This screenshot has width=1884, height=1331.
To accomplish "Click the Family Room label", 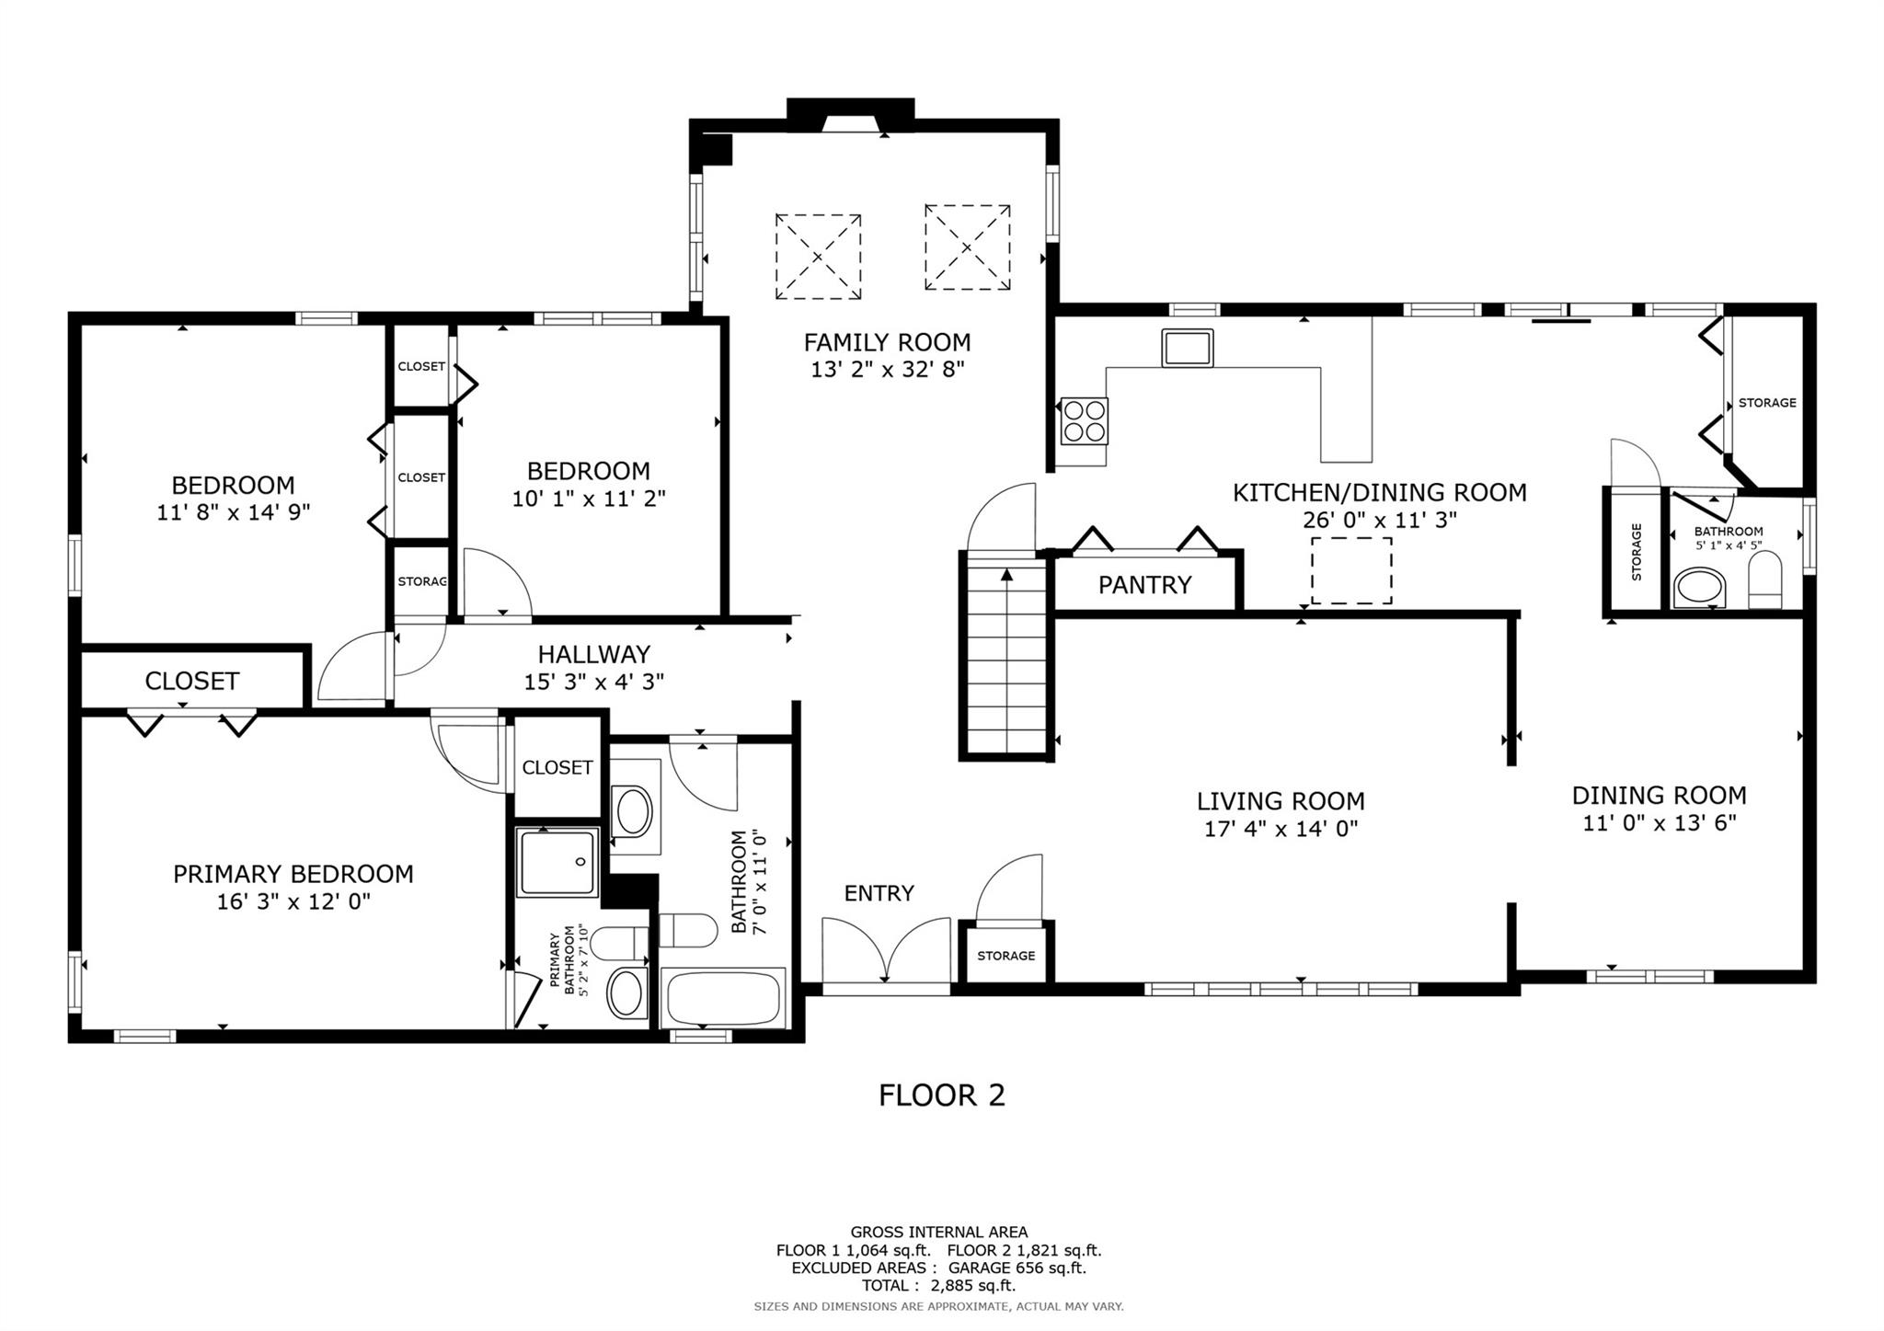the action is (x=887, y=342).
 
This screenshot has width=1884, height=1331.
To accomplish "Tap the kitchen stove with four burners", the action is (x=1084, y=420).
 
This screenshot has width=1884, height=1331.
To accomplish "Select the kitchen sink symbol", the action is (x=1187, y=348).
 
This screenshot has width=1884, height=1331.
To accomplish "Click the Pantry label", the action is (x=1144, y=585).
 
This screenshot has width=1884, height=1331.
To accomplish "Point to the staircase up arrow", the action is (x=1006, y=577).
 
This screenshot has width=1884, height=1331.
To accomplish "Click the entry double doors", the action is (x=885, y=953).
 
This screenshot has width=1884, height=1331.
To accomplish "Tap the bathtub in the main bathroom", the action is (x=724, y=998).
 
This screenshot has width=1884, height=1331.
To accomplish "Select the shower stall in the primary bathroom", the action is (x=557, y=862).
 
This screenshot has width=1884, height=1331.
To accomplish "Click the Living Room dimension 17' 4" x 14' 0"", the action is (x=1281, y=829).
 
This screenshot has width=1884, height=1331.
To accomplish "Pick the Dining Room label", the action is (x=1659, y=795).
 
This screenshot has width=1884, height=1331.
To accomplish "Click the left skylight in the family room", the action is (x=818, y=257).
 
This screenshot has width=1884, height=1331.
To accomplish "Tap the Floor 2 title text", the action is (x=941, y=1096).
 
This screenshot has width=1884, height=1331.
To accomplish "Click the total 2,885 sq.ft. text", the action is (x=938, y=1285).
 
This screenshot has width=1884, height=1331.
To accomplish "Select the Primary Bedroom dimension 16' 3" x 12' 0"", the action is (x=293, y=901).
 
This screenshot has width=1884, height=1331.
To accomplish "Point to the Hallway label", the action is (x=593, y=654).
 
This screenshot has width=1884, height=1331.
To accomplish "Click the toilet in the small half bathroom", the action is (x=1764, y=583).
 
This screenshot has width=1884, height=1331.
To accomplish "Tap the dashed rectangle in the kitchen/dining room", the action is (x=1350, y=570).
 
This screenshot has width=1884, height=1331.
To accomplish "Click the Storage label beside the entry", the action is (x=1005, y=956).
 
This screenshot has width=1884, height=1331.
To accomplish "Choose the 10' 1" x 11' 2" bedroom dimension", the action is (x=589, y=499).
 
